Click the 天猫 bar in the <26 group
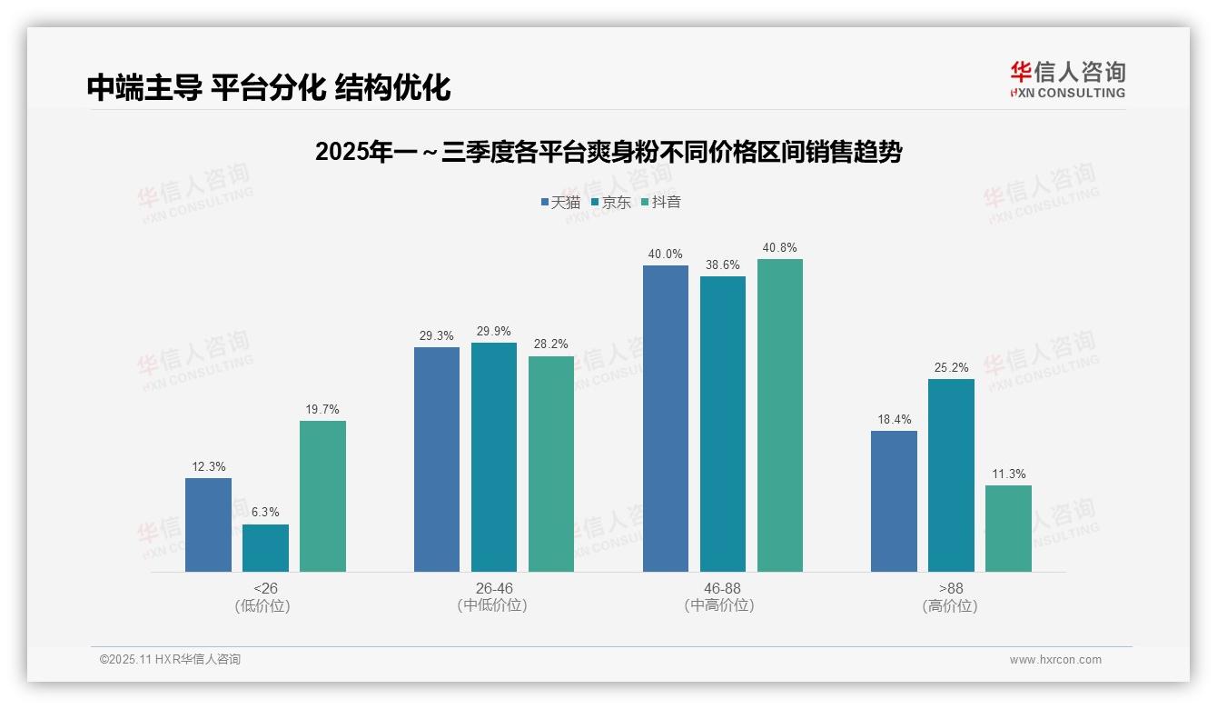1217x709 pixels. pos(208,524)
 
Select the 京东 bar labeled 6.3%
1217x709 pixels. pos(265,548)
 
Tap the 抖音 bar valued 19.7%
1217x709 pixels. pos(322,496)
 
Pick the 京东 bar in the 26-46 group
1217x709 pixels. pos(494,457)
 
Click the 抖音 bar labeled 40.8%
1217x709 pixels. pos(780,415)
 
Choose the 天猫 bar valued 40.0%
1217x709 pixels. pos(666,418)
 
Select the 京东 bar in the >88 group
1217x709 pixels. pos(951,475)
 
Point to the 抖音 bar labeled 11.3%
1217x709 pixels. pos(1008,528)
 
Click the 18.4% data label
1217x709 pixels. pos(894,420)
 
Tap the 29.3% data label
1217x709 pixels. pos(437,336)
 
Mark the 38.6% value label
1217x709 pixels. pos(723,265)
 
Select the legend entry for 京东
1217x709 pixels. pos(610,203)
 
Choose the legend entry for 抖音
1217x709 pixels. pos(660,203)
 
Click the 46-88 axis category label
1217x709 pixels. pos(722,588)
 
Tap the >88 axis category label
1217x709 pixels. pos(951,588)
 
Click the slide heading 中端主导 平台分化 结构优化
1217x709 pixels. pos(269,87)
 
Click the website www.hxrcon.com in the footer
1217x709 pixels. pos(1055,660)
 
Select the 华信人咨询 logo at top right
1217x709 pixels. pos(1067,79)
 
